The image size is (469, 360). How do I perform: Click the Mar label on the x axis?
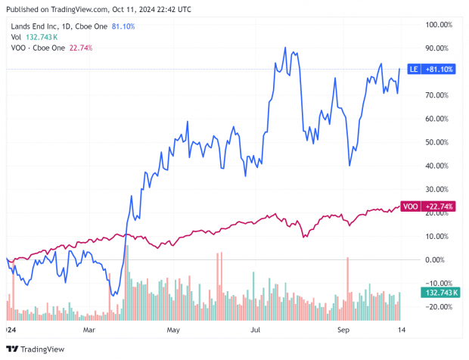pyautogui.click(x=89, y=331)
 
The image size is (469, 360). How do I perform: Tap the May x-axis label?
pyautogui.click(x=173, y=331)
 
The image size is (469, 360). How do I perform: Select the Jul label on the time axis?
pyautogui.click(x=256, y=331)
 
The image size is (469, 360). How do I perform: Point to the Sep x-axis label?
pyautogui.click(x=343, y=331)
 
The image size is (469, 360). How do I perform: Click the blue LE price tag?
pyautogui.click(x=431, y=69)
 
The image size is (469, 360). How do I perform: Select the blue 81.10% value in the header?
pyautogui.click(x=124, y=25)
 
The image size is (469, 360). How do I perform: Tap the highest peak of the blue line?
pyautogui.click(x=285, y=48)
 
